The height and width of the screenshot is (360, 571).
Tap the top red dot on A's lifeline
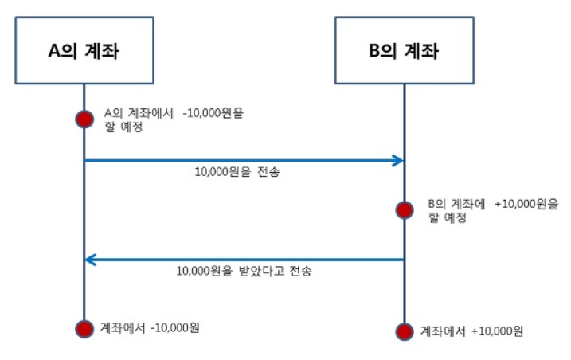(84, 119)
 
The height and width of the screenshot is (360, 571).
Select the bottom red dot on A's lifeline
(84, 328)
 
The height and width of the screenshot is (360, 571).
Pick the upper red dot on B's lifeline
(405, 210)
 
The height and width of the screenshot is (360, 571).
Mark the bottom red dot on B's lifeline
(405, 331)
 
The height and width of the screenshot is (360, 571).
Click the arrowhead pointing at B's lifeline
(397, 161)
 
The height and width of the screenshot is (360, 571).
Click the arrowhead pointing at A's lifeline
(92, 259)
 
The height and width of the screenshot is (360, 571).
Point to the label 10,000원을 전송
(237, 172)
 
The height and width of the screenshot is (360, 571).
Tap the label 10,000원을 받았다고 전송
(244, 271)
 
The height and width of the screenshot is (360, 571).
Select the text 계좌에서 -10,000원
(149, 327)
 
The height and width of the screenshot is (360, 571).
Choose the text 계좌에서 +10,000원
(471, 331)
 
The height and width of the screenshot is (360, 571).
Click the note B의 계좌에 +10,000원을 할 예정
(492, 210)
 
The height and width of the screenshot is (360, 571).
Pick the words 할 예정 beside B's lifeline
(448, 217)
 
